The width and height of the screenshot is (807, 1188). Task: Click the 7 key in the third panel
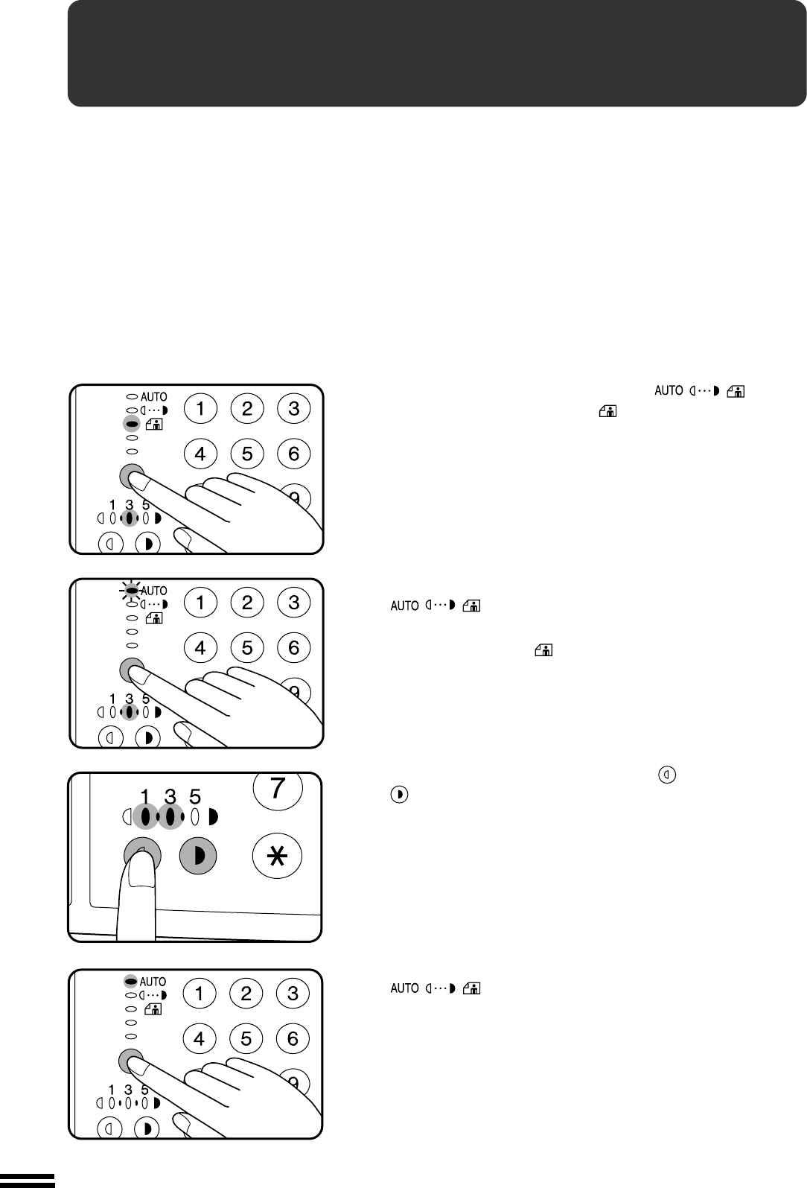[278, 789]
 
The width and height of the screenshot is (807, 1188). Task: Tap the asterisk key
[278, 857]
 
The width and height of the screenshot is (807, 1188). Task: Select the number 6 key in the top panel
[293, 454]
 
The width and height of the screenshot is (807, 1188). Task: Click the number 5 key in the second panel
[247, 648]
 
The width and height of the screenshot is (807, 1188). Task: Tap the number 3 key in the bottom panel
[293, 994]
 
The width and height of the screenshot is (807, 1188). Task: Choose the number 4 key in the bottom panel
[200, 1038]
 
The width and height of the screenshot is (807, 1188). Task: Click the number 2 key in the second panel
[247, 603]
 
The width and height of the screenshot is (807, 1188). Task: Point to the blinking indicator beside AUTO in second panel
[132, 590]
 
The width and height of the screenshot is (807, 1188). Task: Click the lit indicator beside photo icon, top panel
[132, 424]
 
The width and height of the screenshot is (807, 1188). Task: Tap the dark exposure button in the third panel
[197, 857]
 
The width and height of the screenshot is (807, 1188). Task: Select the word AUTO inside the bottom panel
[153, 982]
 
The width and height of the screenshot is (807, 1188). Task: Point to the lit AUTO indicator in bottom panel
[131, 982]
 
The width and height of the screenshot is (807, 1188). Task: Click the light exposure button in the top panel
[111, 544]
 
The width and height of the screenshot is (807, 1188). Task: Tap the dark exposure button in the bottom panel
[147, 1128]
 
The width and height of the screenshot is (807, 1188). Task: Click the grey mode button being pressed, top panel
[131, 475]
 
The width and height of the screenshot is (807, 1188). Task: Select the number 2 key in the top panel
[247, 408]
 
